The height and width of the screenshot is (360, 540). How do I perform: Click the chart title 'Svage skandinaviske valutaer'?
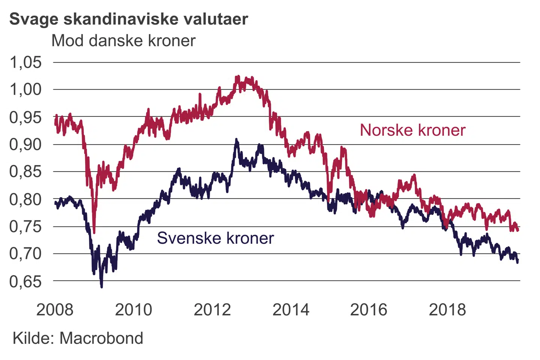pyautogui.click(x=129, y=19)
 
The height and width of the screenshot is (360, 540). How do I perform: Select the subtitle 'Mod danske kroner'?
pyautogui.click(x=123, y=40)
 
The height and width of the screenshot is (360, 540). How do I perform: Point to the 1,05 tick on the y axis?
pyautogui.click(x=25, y=62)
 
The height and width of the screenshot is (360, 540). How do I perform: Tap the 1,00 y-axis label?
pyautogui.click(x=25, y=90)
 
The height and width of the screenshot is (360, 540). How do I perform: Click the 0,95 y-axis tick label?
pyautogui.click(x=25, y=117)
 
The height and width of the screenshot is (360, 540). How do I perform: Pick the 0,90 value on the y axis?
pyautogui.click(x=25, y=144)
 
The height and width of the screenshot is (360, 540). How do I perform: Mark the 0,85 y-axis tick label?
pyautogui.click(x=25, y=172)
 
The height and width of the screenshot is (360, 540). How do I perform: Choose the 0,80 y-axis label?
pyautogui.click(x=25, y=199)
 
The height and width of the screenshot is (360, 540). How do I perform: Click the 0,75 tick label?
pyautogui.click(x=25, y=226)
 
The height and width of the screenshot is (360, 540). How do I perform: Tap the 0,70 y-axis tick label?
pyautogui.click(x=25, y=254)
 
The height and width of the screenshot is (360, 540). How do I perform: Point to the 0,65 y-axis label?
pyautogui.click(x=25, y=281)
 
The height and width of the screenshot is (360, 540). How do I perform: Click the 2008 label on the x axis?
pyautogui.click(x=55, y=310)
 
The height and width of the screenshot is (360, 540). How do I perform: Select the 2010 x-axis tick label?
pyautogui.click(x=133, y=310)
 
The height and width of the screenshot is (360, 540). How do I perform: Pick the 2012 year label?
pyautogui.click(x=212, y=310)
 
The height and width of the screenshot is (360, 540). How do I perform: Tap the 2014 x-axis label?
pyautogui.click(x=291, y=310)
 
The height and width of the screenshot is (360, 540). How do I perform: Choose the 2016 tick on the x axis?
pyautogui.click(x=369, y=310)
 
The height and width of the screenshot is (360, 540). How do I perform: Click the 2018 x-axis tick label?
pyautogui.click(x=447, y=310)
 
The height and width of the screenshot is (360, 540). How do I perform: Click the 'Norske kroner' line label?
pyautogui.click(x=412, y=130)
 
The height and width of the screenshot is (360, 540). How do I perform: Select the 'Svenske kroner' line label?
pyautogui.click(x=215, y=238)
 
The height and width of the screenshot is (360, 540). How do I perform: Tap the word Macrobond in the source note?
pyautogui.click(x=101, y=338)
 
